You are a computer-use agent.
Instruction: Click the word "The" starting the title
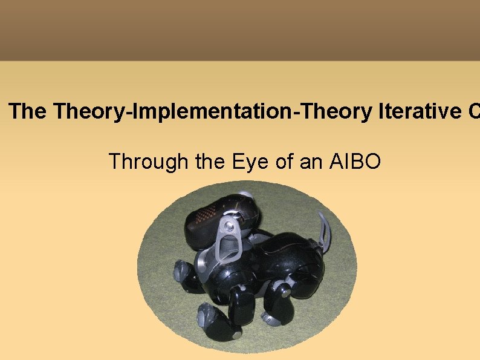pyautogui.click(x=28, y=112)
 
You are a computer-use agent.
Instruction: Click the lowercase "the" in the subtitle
pyautogui.click(x=211, y=162)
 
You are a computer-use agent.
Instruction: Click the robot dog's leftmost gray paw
pyautogui.click(x=180, y=271)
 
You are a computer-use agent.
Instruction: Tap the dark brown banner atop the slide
pyautogui.click(x=240, y=30)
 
